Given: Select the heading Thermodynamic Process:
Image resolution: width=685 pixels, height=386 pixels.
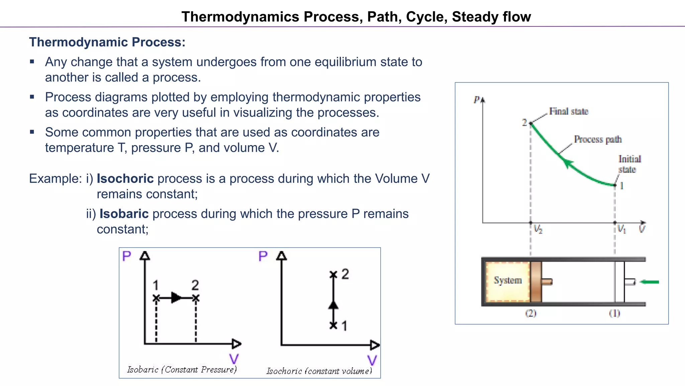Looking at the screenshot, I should coord(107,42).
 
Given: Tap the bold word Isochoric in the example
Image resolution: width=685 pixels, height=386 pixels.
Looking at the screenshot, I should coord(125,179).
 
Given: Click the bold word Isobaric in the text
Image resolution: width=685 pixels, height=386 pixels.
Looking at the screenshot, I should coord(124,214).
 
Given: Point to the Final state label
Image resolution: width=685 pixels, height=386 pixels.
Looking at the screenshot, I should coord(568,111).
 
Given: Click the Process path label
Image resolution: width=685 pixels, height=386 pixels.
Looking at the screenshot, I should coord(598,139).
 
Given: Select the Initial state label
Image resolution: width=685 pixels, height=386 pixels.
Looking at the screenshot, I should coord(629,164).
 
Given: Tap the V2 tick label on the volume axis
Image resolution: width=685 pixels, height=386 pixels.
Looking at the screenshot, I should coord(538,229).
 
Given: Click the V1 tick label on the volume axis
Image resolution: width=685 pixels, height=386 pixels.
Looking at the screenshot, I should coord(621,229).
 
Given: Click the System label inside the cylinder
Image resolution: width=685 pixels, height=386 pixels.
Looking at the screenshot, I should coord(508,280).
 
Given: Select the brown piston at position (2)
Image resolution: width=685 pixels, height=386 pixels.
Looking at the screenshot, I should coord(536,282).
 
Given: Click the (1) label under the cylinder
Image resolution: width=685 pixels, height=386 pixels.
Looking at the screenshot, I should coord(614,313).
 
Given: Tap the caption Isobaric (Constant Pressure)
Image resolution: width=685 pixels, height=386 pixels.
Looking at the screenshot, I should coord(182,370).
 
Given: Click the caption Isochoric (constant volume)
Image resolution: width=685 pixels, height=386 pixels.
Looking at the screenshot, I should coord(319,371).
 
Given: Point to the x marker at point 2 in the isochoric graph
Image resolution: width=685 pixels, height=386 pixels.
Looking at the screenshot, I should coord(333,275).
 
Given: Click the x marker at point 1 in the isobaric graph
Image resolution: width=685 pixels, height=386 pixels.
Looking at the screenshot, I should coord(156,298).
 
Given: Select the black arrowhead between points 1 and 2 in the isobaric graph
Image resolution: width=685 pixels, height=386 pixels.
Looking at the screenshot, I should coord(176,298).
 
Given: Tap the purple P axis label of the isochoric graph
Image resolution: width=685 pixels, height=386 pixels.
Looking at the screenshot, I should coord(263,256).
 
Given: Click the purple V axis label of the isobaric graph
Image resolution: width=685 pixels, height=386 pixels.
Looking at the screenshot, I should coord(234,359).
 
